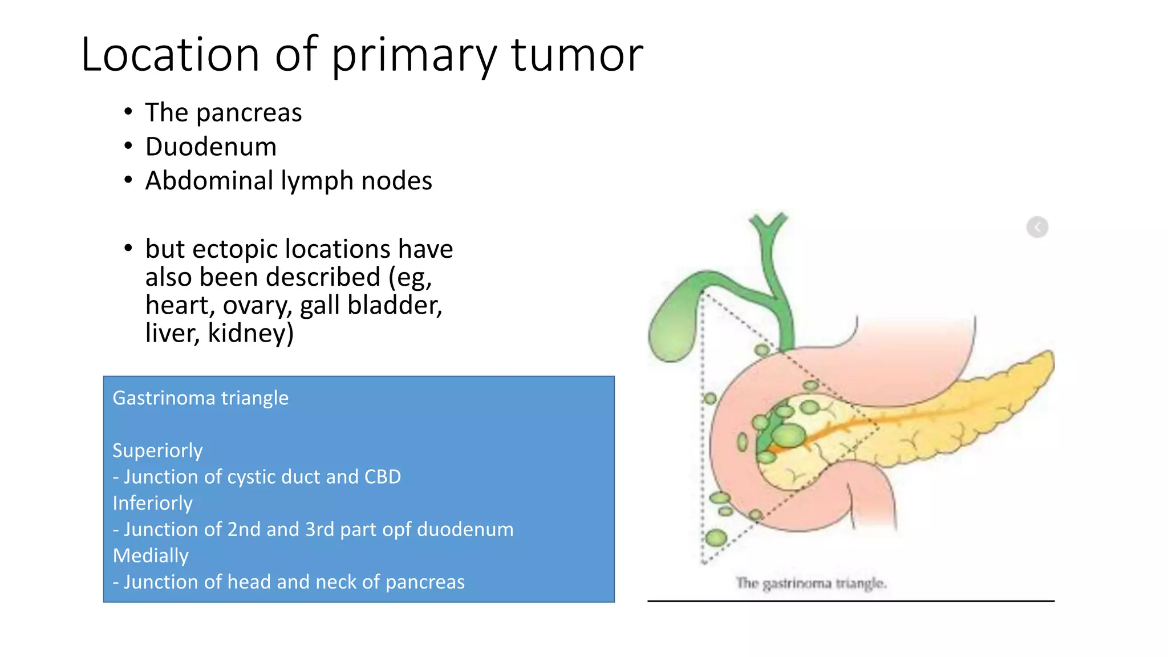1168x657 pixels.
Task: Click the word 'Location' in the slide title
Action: (x=170, y=55)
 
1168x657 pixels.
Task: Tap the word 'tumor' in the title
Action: (x=577, y=55)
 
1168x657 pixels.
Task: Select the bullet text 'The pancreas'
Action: (x=223, y=112)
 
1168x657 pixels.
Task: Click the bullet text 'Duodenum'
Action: (x=210, y=147)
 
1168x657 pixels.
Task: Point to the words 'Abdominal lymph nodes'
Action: (x=288, y=181)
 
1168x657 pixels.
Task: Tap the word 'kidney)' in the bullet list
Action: (x=250, y=333)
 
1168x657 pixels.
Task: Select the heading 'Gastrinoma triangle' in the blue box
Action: (x=200, y=398)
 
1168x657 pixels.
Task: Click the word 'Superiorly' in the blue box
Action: (x=157, y=451)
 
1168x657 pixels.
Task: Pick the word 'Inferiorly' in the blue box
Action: (x=152, y=503)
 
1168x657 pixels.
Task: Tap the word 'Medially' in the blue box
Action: (x=151, y=555)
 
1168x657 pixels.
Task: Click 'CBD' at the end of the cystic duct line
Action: (x=382, y=477)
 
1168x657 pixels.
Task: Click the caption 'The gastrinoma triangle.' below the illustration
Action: (x=810, y=583)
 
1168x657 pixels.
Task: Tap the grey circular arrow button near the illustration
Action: (x=1037, y=227)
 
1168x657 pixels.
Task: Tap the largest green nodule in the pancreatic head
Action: (x=788, y=436)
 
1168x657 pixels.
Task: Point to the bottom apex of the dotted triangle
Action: (x=704, y=562)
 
